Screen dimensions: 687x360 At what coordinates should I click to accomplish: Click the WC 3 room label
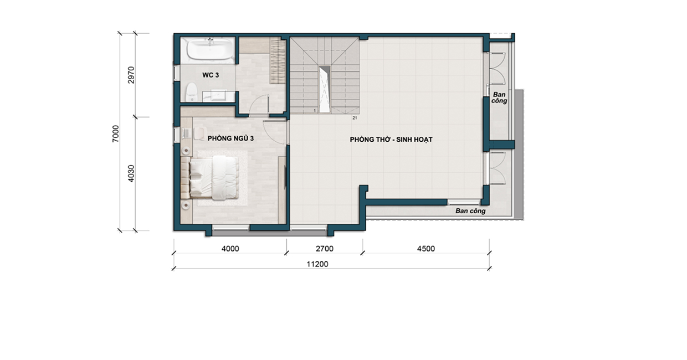[x=211, y=75]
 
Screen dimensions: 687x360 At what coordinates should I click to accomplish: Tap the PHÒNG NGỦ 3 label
[x=230, y=138]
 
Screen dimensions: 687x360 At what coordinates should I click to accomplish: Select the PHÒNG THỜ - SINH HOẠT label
[x=391, y=140]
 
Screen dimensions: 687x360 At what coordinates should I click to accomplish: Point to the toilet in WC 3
[x=191, y=92]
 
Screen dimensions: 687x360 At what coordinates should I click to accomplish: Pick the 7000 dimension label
[x=115, y=133]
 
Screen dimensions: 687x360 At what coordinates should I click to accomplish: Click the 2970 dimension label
[x=131, y=75]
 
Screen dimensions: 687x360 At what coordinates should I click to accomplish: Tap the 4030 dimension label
[x=131, y=173]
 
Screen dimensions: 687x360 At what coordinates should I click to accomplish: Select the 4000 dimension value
[x=230, y=249]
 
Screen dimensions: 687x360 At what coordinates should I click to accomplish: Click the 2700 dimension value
[x=325, y=249]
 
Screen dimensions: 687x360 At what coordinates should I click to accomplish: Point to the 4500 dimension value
[x=425, y=249]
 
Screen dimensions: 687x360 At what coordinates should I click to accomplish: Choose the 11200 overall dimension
[x=317, y=264]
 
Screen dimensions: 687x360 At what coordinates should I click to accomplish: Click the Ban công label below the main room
[x=470, y=211]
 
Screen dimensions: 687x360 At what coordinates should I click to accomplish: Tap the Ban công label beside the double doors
[x=499, y=97]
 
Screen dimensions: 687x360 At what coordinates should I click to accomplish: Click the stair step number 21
[x=355, y=118]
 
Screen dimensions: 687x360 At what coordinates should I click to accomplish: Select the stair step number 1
[x=315, y=110]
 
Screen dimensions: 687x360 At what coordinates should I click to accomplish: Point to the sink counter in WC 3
[x=218, y=96]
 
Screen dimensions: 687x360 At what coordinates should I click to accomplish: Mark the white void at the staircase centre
[x=324, y=89]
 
